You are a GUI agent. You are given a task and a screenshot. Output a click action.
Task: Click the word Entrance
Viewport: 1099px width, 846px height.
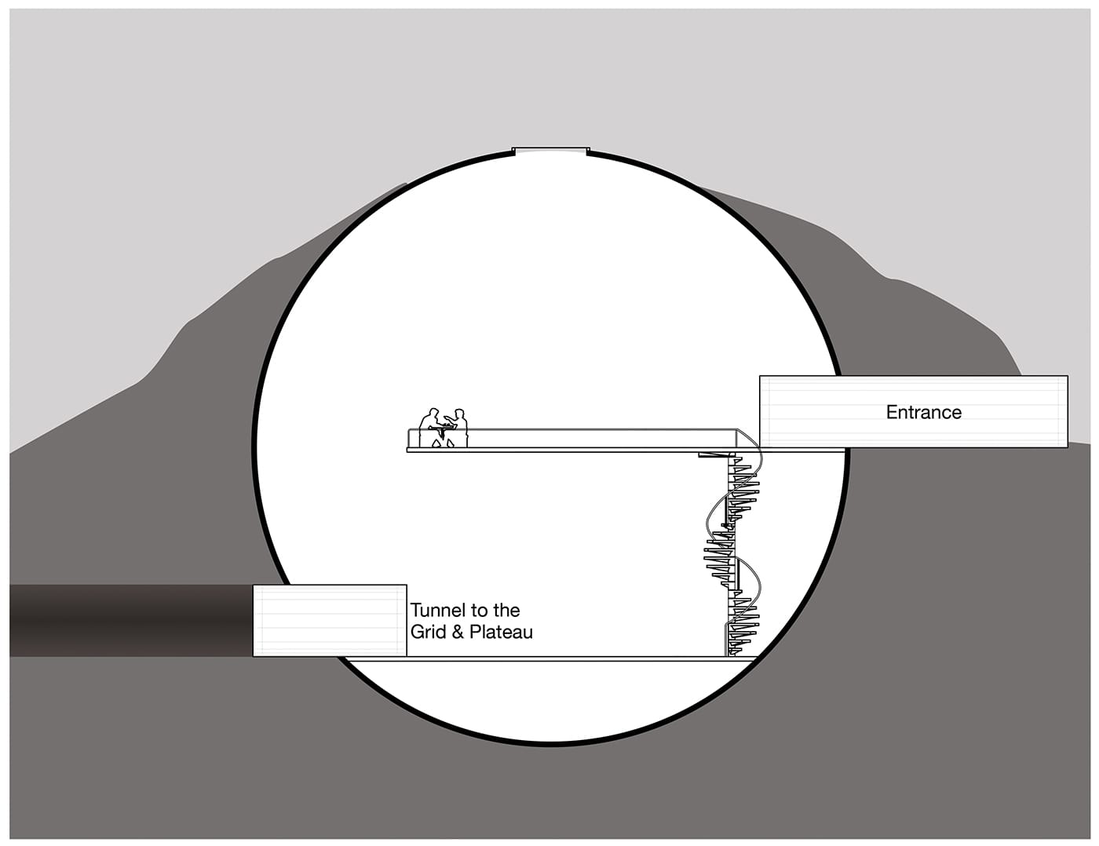tap(923, 412)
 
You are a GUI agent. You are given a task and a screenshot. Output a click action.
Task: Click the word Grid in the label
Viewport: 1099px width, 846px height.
tap(429, 632)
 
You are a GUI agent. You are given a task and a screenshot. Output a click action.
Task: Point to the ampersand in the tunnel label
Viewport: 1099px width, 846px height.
tap(458, 632)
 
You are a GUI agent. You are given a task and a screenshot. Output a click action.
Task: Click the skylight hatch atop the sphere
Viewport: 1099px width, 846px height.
tap(550, 150)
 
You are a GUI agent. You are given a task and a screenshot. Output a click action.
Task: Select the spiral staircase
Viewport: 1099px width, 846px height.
tap(734, 553)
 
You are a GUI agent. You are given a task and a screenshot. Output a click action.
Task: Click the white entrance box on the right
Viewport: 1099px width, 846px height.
tap(913, 411)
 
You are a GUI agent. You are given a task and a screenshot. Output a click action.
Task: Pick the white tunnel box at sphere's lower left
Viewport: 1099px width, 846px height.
tap(330, 620)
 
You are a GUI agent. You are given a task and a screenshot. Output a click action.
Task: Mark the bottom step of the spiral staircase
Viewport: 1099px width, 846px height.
tap(738, 651)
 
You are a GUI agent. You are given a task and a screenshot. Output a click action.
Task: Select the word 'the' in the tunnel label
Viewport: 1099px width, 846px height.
tap(506, 611)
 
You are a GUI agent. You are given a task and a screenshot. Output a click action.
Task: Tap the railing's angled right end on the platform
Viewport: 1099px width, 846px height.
tap(746, 436)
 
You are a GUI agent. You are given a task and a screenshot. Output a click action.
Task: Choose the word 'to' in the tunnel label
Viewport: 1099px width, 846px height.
tap(478, 611)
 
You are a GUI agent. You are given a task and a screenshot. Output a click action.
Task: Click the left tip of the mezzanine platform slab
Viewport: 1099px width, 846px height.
tap(409, 449)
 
